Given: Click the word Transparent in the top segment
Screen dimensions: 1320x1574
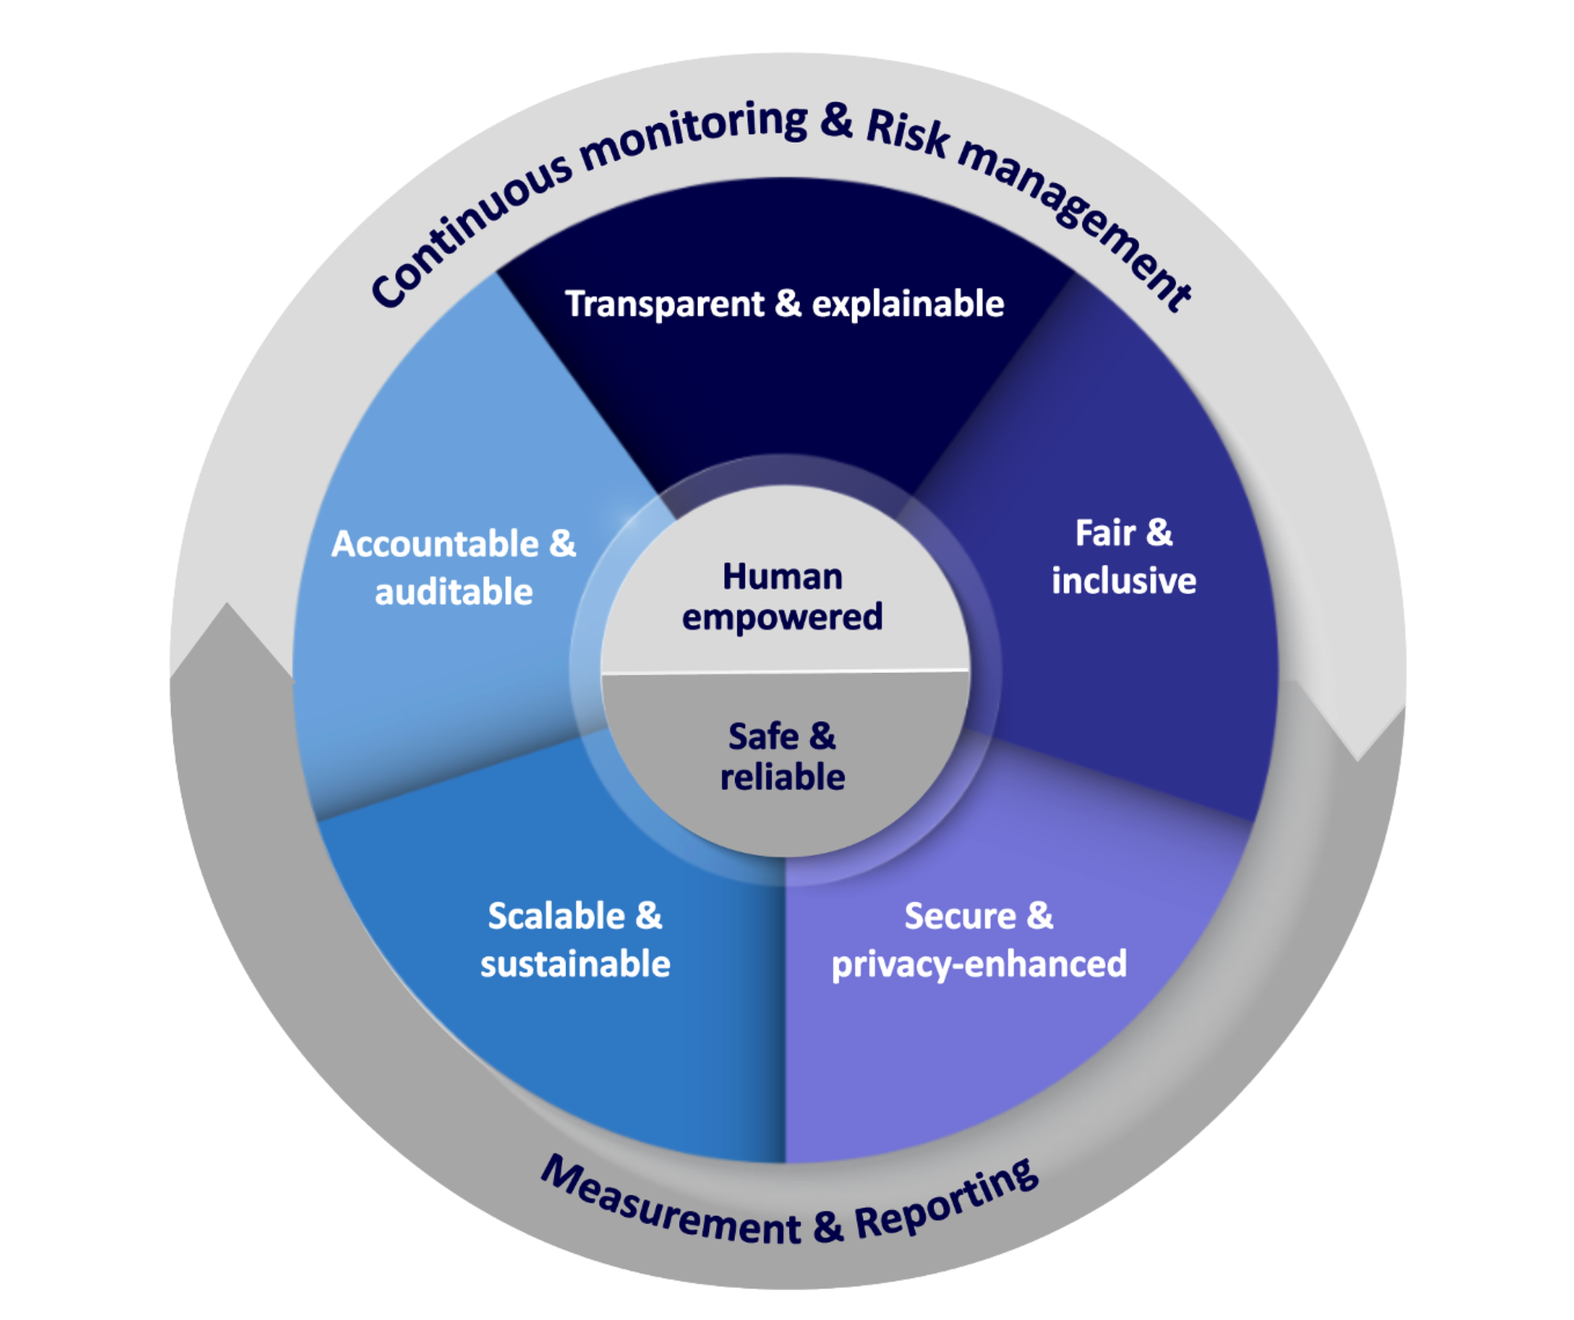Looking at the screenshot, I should point(664,305).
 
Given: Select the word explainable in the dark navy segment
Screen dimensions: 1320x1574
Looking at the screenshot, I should point(908,305).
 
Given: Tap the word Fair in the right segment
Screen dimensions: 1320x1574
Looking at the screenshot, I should point(1104,534).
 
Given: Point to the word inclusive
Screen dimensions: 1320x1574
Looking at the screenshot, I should point(1123,582).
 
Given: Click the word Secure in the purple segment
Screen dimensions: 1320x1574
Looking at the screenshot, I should point(959,917).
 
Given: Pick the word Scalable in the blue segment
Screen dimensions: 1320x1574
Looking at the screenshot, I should point(556,917).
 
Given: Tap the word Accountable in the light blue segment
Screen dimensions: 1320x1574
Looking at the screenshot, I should point(435,545).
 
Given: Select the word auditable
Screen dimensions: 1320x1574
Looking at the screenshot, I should point(454,593).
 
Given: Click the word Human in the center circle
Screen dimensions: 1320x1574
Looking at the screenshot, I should point(782,577).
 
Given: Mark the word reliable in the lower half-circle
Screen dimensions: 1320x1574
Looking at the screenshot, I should point(782,778).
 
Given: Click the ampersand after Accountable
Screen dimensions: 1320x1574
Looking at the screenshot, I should point(562,545).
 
